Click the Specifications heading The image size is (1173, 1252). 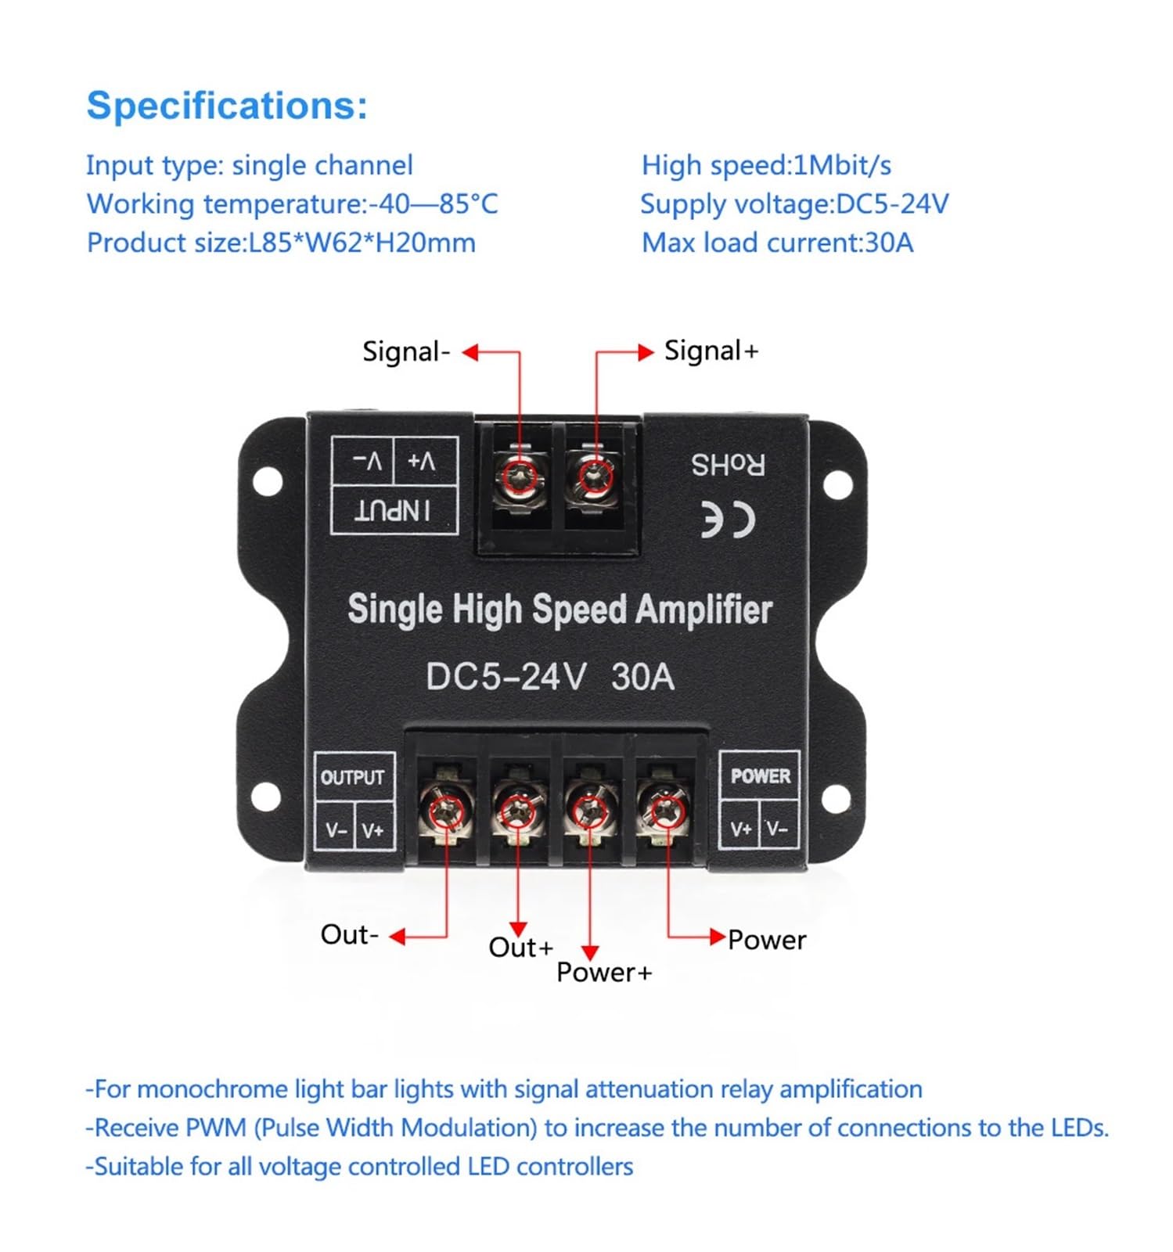point(226,105)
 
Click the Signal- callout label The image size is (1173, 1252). point(406,351)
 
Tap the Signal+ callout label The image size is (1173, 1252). point(711,351)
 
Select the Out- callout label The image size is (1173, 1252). point(349,934)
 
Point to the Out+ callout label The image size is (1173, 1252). point(520,948)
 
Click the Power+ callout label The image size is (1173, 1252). point(603,973)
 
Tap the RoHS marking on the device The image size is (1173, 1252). point(728,465)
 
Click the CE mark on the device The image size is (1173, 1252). point(727,520)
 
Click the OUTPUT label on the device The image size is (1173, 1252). point(352,777)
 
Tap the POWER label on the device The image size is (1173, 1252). point(760,775)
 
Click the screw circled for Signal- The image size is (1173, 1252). point(520,475)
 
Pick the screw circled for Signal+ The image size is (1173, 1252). point(595,475)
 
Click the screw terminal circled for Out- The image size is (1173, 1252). point(446,810)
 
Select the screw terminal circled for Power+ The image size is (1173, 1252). point(590,811)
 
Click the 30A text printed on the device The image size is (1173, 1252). point(642,677)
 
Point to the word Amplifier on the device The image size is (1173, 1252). point(703,610)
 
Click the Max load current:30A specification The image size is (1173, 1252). point(777,243)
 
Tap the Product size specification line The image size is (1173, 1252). point(281,243)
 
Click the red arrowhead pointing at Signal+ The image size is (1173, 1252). point(646,352)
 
